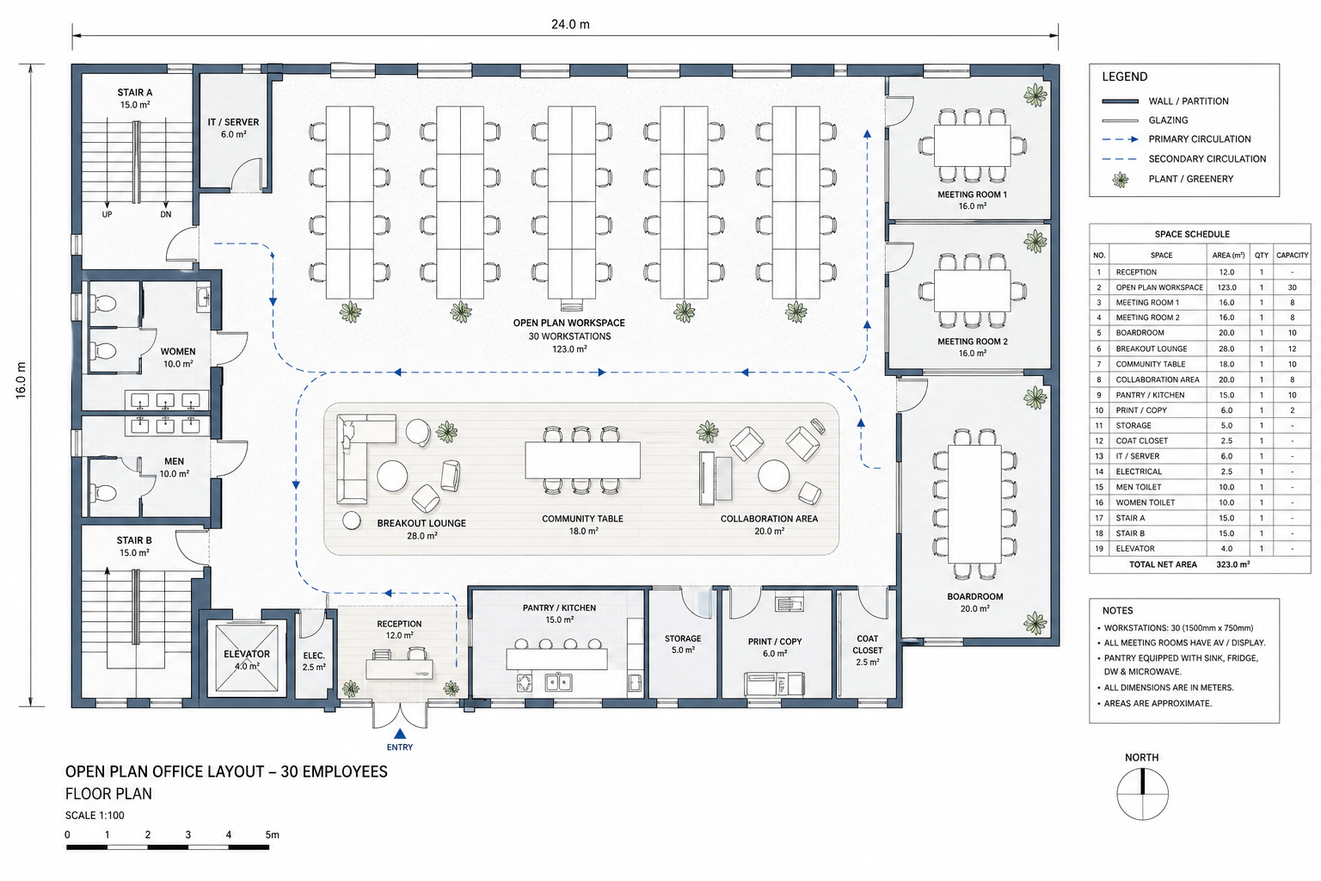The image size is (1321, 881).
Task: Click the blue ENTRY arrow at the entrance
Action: click(x=400, y=734)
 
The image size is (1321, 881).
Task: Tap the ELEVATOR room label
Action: click(x=247, y=654)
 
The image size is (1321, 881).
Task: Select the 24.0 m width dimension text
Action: click(x=570, y=24)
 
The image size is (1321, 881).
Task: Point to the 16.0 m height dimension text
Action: click(x=21, y=380)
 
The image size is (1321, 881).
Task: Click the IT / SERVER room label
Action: click(x=233, y=122)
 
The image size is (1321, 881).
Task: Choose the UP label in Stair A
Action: click(x=107, y=214)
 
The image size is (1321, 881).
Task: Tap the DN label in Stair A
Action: click(x=166, y=214)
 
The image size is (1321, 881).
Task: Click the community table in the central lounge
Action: click(x=582, y=459)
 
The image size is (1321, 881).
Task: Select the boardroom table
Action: click(x=974, y=503)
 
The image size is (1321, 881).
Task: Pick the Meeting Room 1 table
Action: click(x=973, y=145)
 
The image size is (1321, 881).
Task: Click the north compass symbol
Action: click(x=1142, y=793)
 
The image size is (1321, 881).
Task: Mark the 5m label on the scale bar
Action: click(x=272, y=835)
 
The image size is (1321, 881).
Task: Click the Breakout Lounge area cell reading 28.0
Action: click(x=1226, y=348)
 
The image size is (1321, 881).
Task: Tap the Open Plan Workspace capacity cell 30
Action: click(x=1292, y=287)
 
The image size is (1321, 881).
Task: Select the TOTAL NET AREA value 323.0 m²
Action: click(x=1232, y=564)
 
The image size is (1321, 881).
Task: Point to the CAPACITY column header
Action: click(x=1292, y=256)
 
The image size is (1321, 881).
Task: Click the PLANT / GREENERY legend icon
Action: click(x=1121, y=180)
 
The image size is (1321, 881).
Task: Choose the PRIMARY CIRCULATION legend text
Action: click(x=1200, y=139)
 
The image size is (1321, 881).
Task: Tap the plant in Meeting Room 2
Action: click(x=1035, y=241)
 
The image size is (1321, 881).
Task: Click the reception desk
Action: click(x=399, y=669)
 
